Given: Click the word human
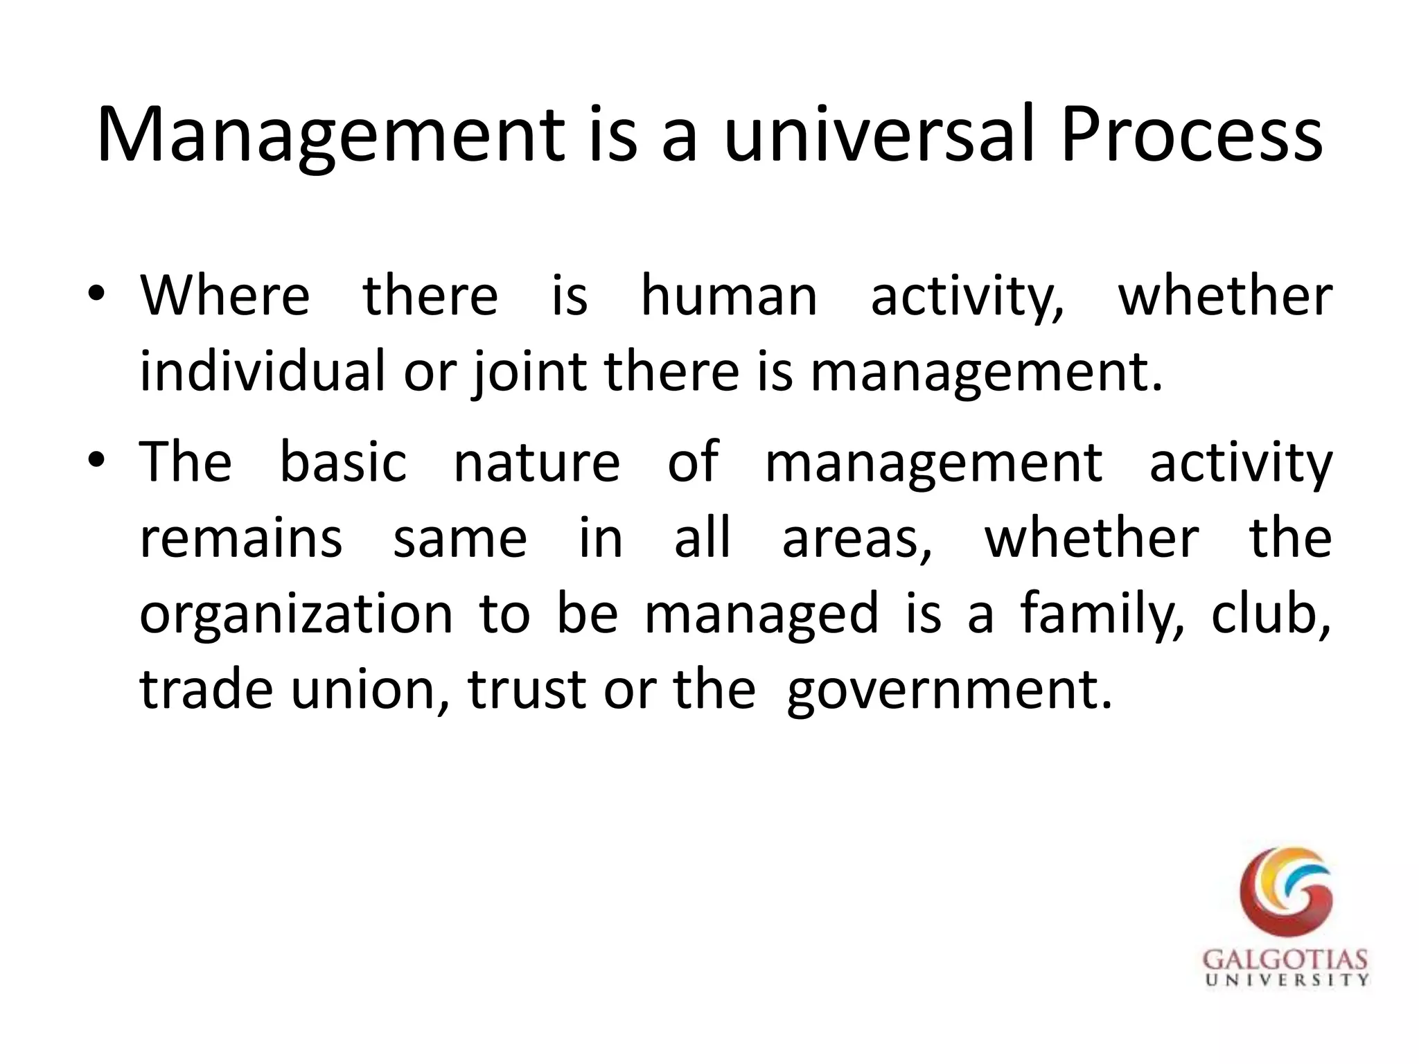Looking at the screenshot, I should (x=729, y=296).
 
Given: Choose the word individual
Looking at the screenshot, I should (x=262, y=371).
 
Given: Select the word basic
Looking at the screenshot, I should (x=343, y=462).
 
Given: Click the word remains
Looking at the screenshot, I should (x=241, y=538).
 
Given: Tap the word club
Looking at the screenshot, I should (x=1271, y=613).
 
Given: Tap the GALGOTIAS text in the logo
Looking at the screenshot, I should (x=1285, y=961).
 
